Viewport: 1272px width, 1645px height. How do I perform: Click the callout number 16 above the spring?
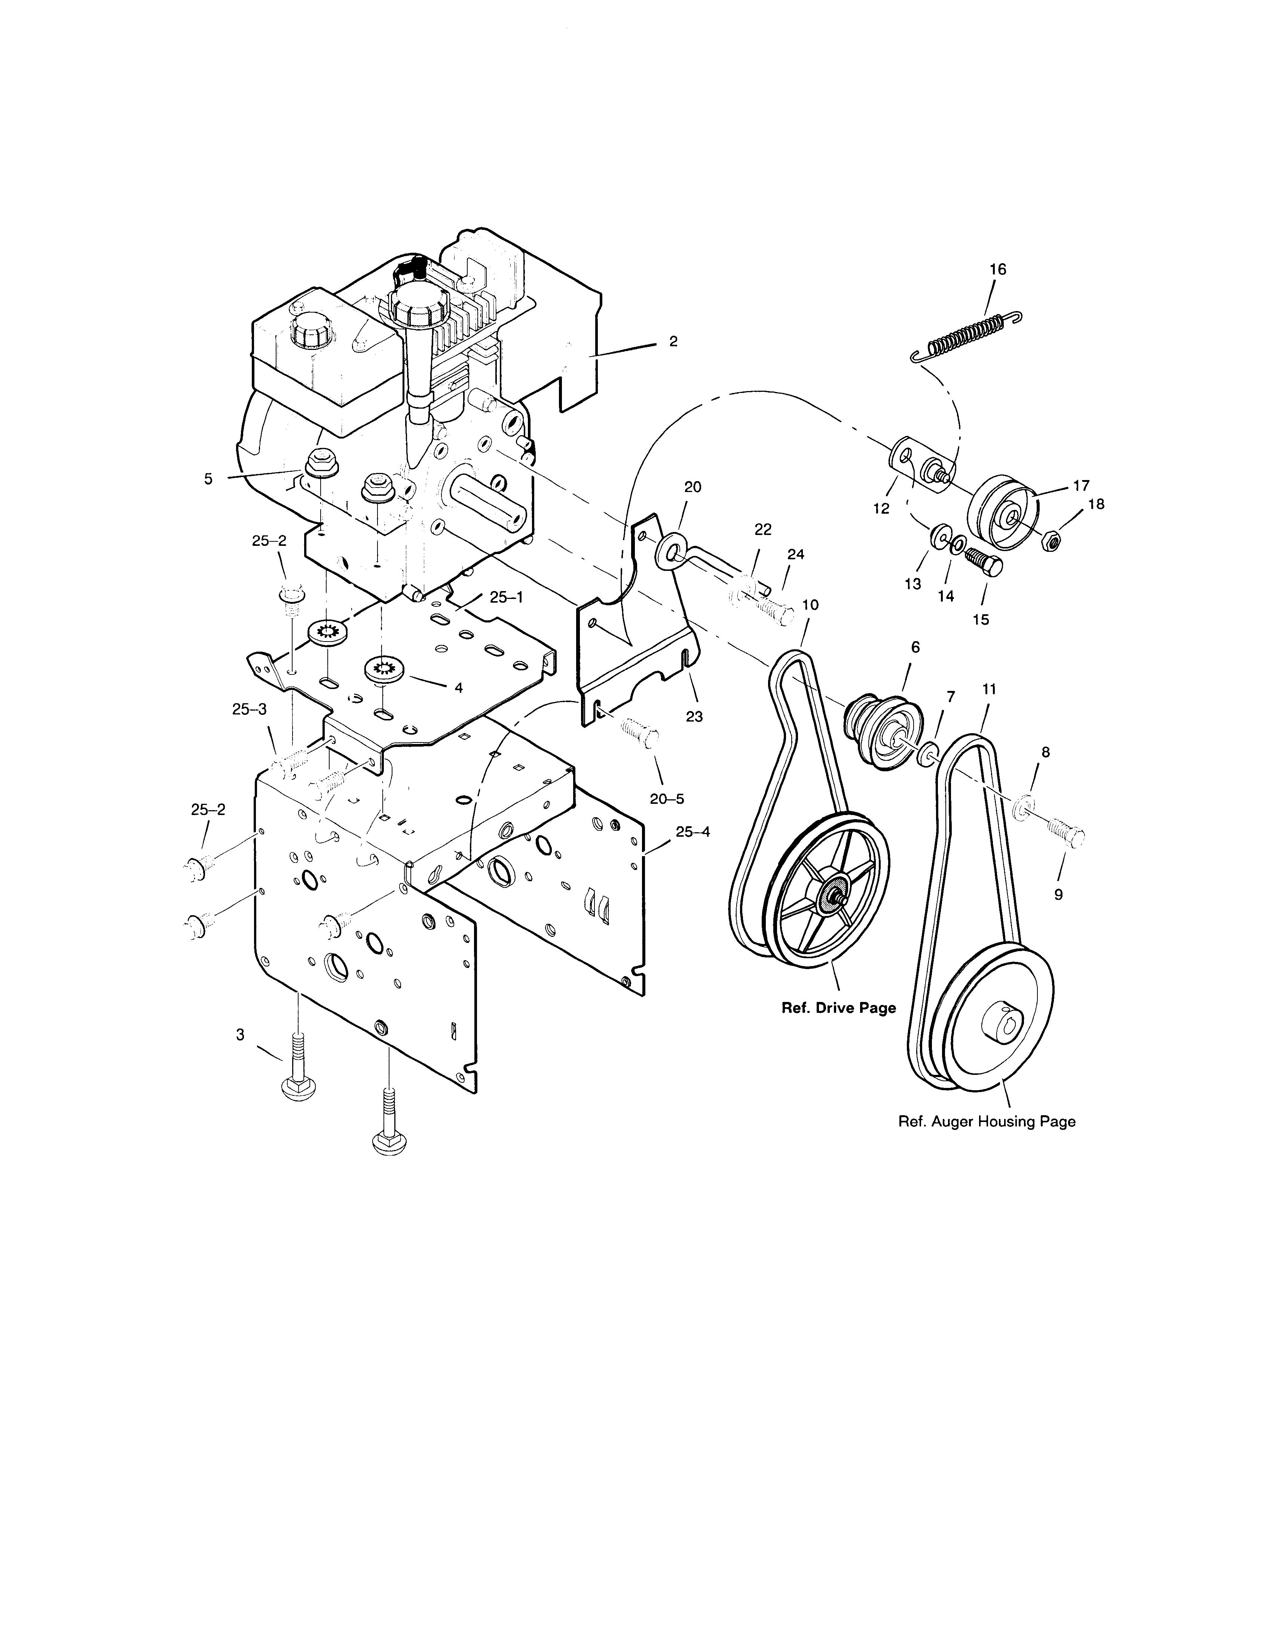[x=997, y=270]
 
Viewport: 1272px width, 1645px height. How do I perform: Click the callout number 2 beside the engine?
[x=673, y=341]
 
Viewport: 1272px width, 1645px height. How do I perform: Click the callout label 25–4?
[x=692, y=831]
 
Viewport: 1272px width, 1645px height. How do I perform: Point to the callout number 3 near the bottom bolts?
[x=241, y=1035]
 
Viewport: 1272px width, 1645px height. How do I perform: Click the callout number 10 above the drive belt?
[x=810, y=605]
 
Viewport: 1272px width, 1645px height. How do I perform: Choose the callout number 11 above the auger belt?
[x=990, y=688]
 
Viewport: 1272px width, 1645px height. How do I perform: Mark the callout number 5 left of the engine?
[x=209, y=478]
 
